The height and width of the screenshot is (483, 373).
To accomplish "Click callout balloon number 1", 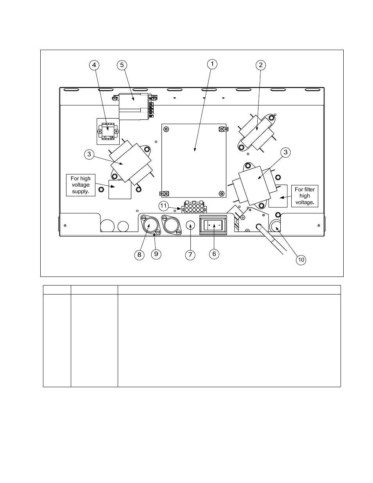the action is coord(212,64).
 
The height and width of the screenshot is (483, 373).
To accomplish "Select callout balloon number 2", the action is coord(260,65).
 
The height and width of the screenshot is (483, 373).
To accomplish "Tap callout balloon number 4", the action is coord(94,65).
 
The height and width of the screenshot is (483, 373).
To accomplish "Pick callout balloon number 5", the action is coord(122,65).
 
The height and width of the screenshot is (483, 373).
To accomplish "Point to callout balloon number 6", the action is coord(214,254).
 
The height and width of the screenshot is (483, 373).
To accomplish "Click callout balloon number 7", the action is coord(190,255).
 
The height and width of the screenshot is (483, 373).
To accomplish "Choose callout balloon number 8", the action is coord(139,255).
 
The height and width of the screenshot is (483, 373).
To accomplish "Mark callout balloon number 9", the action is coord(156,254).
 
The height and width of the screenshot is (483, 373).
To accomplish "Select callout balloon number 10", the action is coord(301,260).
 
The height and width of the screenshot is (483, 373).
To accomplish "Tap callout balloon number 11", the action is coord(163,206).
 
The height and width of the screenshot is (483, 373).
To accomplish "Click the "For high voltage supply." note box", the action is coord(81,185).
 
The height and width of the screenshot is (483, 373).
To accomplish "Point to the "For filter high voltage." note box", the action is coord(305,196).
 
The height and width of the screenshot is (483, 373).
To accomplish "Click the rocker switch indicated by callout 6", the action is coord(213,225).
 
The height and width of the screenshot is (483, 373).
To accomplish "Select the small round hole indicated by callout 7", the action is coord(190,225).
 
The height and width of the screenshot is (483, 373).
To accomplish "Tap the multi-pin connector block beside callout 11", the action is coord(194,207).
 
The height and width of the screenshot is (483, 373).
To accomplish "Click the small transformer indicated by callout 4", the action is coord(108,131).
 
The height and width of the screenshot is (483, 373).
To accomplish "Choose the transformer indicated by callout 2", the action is coord(257,132).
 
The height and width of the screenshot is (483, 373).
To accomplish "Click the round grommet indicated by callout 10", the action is coord(275,226).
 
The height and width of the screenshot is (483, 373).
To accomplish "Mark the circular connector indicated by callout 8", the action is coord(150,225).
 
